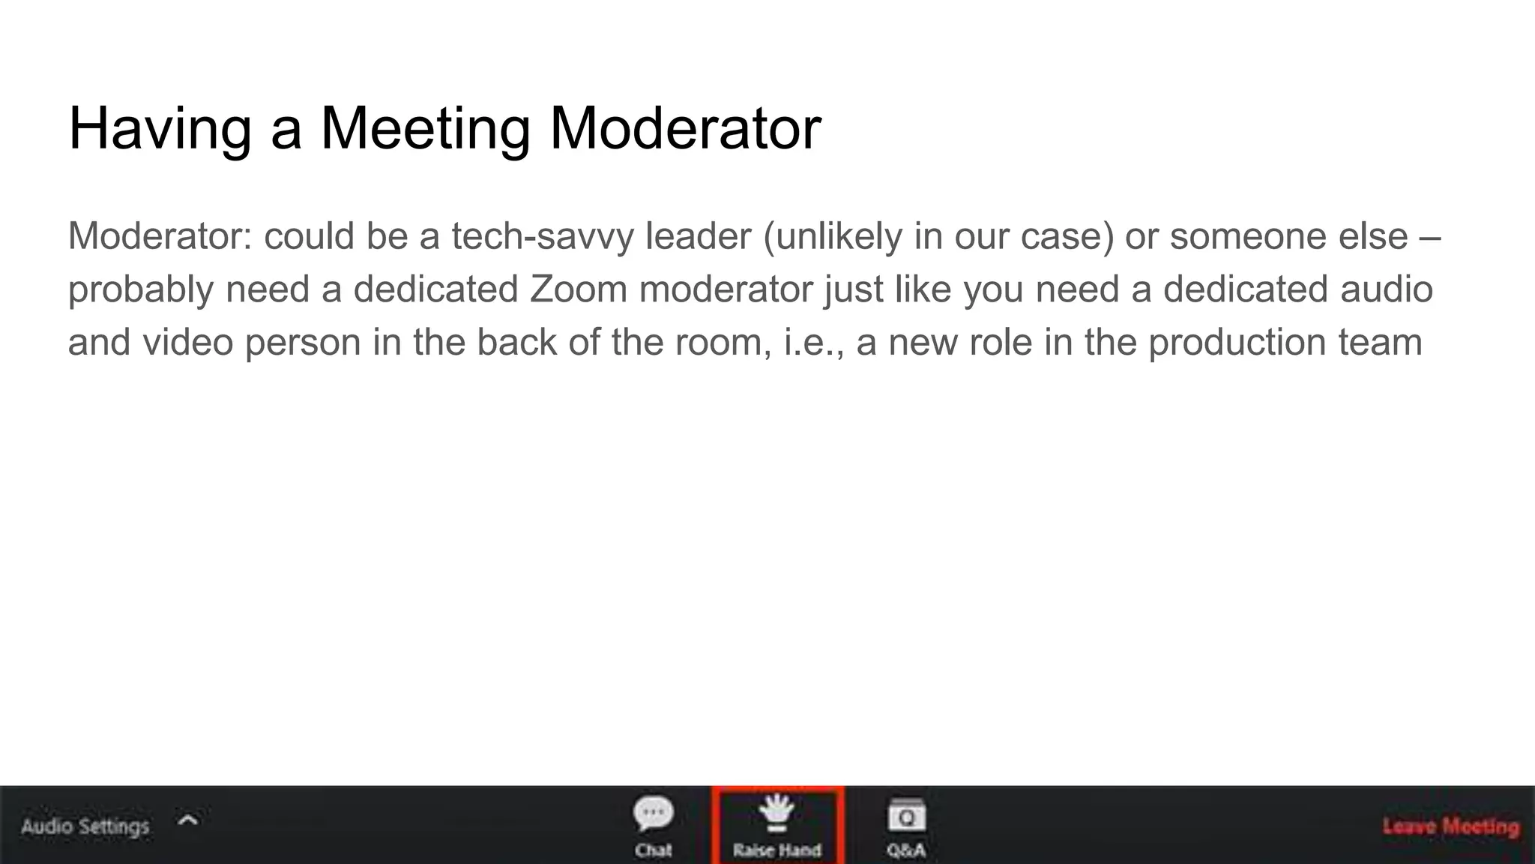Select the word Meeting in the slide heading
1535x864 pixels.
(425, 129)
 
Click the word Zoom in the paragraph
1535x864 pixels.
(578, 289)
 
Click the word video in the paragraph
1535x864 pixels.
(187, 342)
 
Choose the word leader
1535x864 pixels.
(698, 237)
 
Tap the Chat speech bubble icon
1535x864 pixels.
(653, 814)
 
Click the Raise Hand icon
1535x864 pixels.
(776, 813)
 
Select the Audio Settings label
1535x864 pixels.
(85, 826)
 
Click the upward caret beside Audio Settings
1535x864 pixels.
(188, 820)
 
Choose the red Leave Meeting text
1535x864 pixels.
(1450, 826)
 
